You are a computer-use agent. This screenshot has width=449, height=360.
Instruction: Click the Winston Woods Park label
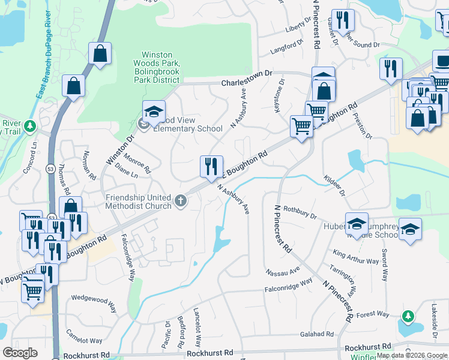pos(160,67)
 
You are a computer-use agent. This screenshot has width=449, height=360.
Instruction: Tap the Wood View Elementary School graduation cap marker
pos(154,112)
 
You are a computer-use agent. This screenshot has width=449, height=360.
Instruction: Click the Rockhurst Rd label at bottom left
pos(89,355)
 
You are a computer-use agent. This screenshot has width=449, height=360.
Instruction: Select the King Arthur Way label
pos(356,257)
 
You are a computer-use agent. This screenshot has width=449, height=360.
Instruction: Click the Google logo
pos(20,352)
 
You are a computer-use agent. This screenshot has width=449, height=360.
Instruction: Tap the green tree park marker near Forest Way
pos(408,316)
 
